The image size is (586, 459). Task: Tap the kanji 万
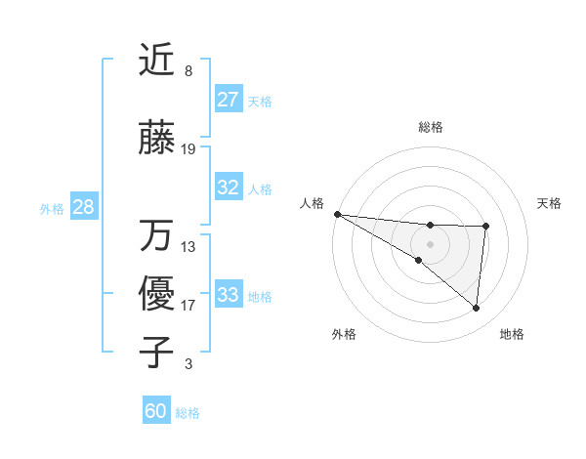point(156,234)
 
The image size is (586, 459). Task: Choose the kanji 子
point(156,352)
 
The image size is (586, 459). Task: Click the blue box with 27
point(228,100)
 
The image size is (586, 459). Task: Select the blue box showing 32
point(228,188)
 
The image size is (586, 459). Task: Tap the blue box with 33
point(228,294)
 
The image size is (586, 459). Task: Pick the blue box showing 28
point(83,207)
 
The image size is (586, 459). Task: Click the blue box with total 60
point(156,411)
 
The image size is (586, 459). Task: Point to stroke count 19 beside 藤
point(188,149)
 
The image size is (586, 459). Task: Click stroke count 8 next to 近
point(188,71)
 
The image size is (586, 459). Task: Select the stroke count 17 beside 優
point(188,305)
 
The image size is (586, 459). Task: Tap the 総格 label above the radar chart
point(430,127)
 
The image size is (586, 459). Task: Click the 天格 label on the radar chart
point(550,203)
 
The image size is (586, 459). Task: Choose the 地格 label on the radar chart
point(512,334)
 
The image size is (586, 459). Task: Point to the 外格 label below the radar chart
point(344,334)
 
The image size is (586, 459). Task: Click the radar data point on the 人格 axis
point(337,214)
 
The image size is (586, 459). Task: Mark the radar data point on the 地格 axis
point(476,309)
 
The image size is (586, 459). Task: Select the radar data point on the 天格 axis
point(485,227)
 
